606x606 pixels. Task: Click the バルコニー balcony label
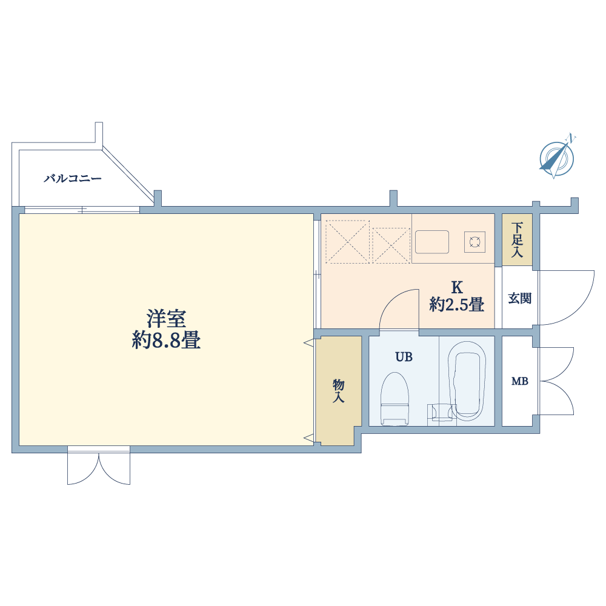pyautogui.click(x=73, y=179)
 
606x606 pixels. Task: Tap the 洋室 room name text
pyautogui.click(x=166, y=319)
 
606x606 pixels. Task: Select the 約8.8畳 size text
pyautogui.click(x=166, y=341)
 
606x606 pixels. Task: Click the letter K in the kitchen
pyautogui.click(x=457, y=287)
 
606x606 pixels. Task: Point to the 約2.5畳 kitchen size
pyautogui.click(x=457, y=305)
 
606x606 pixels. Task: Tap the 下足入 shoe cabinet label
pyautogui.click(x=517, y=239)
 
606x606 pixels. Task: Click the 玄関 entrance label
pyautogui.click(x=520, y=298)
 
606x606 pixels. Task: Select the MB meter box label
pyautogui.click(x=520, y=381)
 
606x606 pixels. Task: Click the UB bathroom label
pyautogui.click(x=404, y=357)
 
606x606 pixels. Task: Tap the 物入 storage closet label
pyautogui.click(x=339, y=391)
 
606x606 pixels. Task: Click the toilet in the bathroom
pyautogui.click(x=395, y=399)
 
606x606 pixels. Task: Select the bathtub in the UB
pyautogui.click(x=467, y=381)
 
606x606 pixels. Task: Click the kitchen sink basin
pyautogui.click(x=432, y=242)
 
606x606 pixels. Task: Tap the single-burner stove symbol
pyautogui.click(x=474, y=242)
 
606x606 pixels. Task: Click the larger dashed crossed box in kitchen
pyautogui.click(x=347, y=242)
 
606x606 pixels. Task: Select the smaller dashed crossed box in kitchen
pyautogui.click(x=391, y=246)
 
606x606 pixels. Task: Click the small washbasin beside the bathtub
pyautogui.click(x=442, y=412)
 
